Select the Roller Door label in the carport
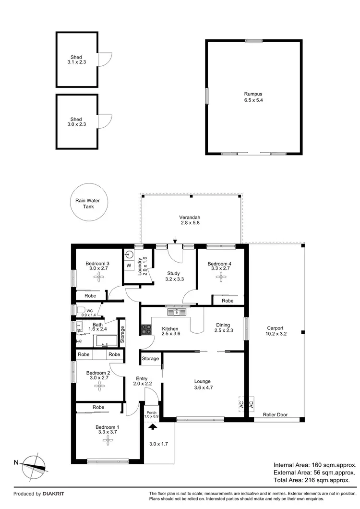click(x=275, y=414)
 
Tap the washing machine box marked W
click(x=129, y=265)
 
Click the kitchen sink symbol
click(x=177, y=313)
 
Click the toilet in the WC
click(x=80, y=310)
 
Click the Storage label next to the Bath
click(x=122, y=333)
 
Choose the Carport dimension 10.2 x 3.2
click(x=275, y=334)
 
